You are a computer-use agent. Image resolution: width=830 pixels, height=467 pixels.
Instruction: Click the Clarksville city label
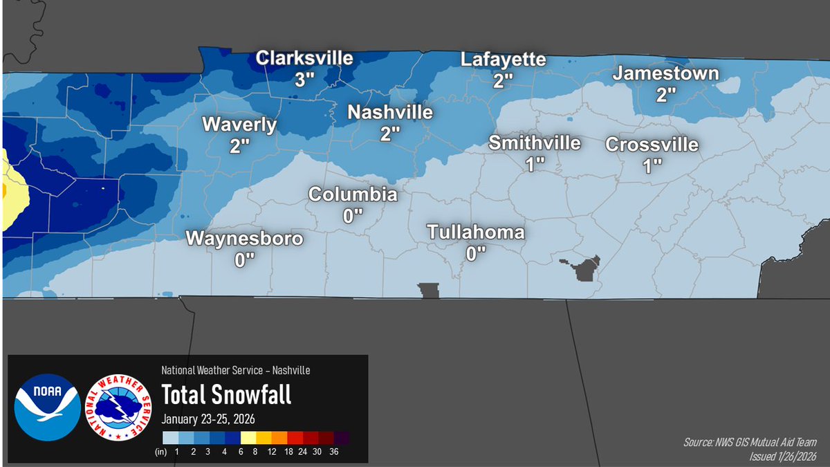click(304, 58)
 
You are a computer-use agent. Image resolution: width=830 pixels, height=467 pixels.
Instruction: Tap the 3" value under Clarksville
click(304, 79)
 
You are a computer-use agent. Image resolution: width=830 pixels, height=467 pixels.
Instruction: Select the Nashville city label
click(390, 112)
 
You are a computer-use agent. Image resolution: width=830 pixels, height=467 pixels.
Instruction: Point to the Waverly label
click(239, 125)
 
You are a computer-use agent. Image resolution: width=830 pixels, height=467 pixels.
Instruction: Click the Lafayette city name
click(504, 59)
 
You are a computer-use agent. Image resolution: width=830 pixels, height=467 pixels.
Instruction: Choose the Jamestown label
click(666, 73)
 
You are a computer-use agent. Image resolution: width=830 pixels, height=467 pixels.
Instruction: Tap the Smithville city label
click(535, 143)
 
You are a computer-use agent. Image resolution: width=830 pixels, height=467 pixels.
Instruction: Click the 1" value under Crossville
click(652, 165)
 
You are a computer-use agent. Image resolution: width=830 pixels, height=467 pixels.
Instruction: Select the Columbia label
click(353, 194)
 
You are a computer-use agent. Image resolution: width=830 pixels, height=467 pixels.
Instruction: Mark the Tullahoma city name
click(476, 232)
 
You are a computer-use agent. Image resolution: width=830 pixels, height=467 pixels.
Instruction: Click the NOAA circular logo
click(47, 408)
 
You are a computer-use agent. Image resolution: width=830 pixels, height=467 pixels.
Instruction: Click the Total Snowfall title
click(226, 394)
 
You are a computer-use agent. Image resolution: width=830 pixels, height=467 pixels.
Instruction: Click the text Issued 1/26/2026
click(783, 456)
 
